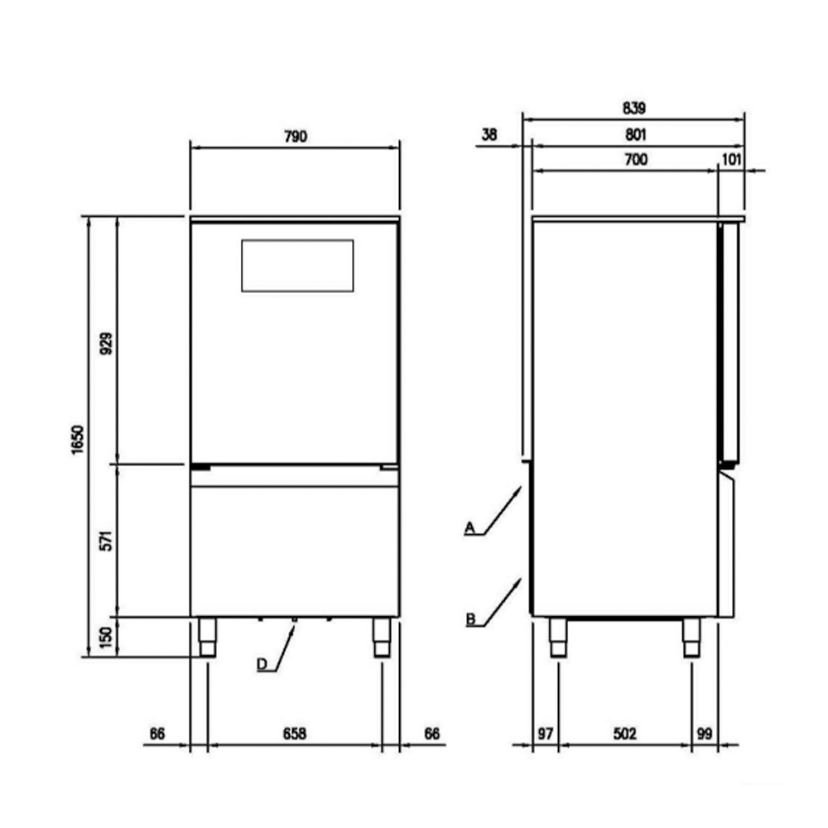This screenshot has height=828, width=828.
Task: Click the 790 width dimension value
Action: coord(296,137)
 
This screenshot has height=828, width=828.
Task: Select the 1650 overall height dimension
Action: coord(77,436)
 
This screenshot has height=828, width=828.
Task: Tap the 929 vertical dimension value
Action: coord(106,341)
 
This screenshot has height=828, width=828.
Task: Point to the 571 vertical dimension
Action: coord(106,539)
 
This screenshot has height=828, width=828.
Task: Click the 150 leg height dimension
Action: coord(106,638)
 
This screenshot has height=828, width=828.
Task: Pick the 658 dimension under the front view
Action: coord(295,734)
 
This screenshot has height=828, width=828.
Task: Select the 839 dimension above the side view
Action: coord(633,108)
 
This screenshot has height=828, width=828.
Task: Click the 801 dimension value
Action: coord(635,134)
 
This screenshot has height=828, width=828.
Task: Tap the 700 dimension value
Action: coord(635,160)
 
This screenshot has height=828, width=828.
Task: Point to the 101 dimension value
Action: coord(731,160)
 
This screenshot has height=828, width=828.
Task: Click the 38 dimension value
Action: coord(489,134)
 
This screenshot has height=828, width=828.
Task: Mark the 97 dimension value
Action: coord(544,734)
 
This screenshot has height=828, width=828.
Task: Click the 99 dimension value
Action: coord(705,734)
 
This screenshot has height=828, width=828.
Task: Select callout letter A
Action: coord(469,527)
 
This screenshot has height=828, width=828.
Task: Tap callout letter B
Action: coord(469,619)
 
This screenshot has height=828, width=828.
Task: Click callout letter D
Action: coord(262,664)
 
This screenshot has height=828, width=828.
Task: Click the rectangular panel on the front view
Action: coord(297,266)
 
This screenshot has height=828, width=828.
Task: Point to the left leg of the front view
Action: coord(206,638)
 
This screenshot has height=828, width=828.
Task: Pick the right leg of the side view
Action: coord(691,638)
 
